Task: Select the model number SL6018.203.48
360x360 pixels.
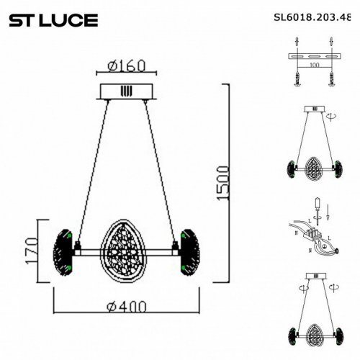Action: tap(317, 20)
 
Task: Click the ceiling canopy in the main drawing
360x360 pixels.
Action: tap(127, 91)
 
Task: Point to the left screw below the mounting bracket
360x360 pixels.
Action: tap(297, 81)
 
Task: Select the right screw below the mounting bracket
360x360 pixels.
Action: tap(333, 81)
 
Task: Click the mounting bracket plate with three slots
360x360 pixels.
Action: tap(314, 55)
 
